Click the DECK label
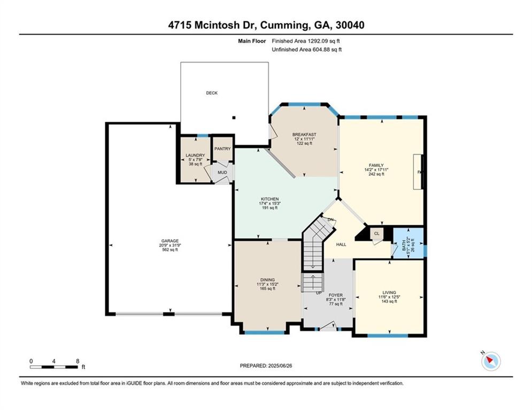[212, 93]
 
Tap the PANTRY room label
[222, 149]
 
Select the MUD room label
[222, 172]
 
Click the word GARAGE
[170, 241]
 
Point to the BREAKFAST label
[304, 135]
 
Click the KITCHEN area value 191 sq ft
[269, 208]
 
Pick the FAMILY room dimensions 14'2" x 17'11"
[376, 170]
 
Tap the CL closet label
[376, 233]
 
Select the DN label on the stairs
[330, 220]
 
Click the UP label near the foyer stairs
[319, 293]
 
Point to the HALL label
[341, 245]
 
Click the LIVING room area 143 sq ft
[389, 301]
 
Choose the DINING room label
[268, 280]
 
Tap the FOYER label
[336, 295]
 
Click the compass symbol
[491, 361]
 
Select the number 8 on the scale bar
[78, 361]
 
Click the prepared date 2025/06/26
[280, 366]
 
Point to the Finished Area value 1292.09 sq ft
[323, 41]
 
